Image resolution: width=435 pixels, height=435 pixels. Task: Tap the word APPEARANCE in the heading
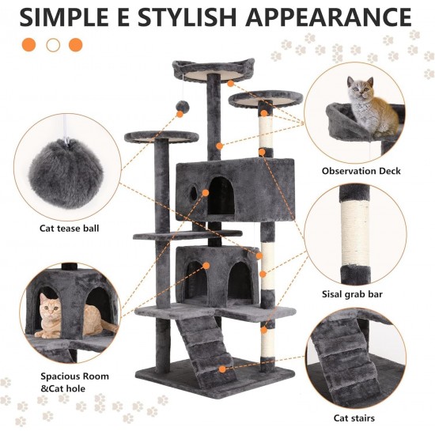(328, 17)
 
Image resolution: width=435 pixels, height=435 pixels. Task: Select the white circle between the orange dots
(53, 45)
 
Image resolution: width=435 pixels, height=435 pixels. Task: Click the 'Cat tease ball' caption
(69, 229)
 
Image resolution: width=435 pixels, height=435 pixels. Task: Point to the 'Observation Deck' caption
(361, 171)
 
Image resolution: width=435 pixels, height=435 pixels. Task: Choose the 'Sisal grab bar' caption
(352, 294)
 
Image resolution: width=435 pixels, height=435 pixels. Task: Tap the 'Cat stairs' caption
(354, 418)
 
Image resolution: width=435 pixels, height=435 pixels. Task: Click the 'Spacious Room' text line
(74, 376)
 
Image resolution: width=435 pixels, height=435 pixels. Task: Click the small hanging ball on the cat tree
(182, 106)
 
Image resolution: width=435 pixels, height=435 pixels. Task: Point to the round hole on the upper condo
(194, 193)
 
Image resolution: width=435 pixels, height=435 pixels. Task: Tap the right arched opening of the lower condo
(240, 280)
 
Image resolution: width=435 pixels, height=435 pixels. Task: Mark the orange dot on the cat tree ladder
(222, 369)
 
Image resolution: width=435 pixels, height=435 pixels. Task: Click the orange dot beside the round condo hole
(206, 193)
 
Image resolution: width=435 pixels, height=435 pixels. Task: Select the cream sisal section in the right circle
(356, 233)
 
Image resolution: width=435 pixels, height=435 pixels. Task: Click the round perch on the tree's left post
(161, 137)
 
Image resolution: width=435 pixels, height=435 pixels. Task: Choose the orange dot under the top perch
(230, 83)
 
